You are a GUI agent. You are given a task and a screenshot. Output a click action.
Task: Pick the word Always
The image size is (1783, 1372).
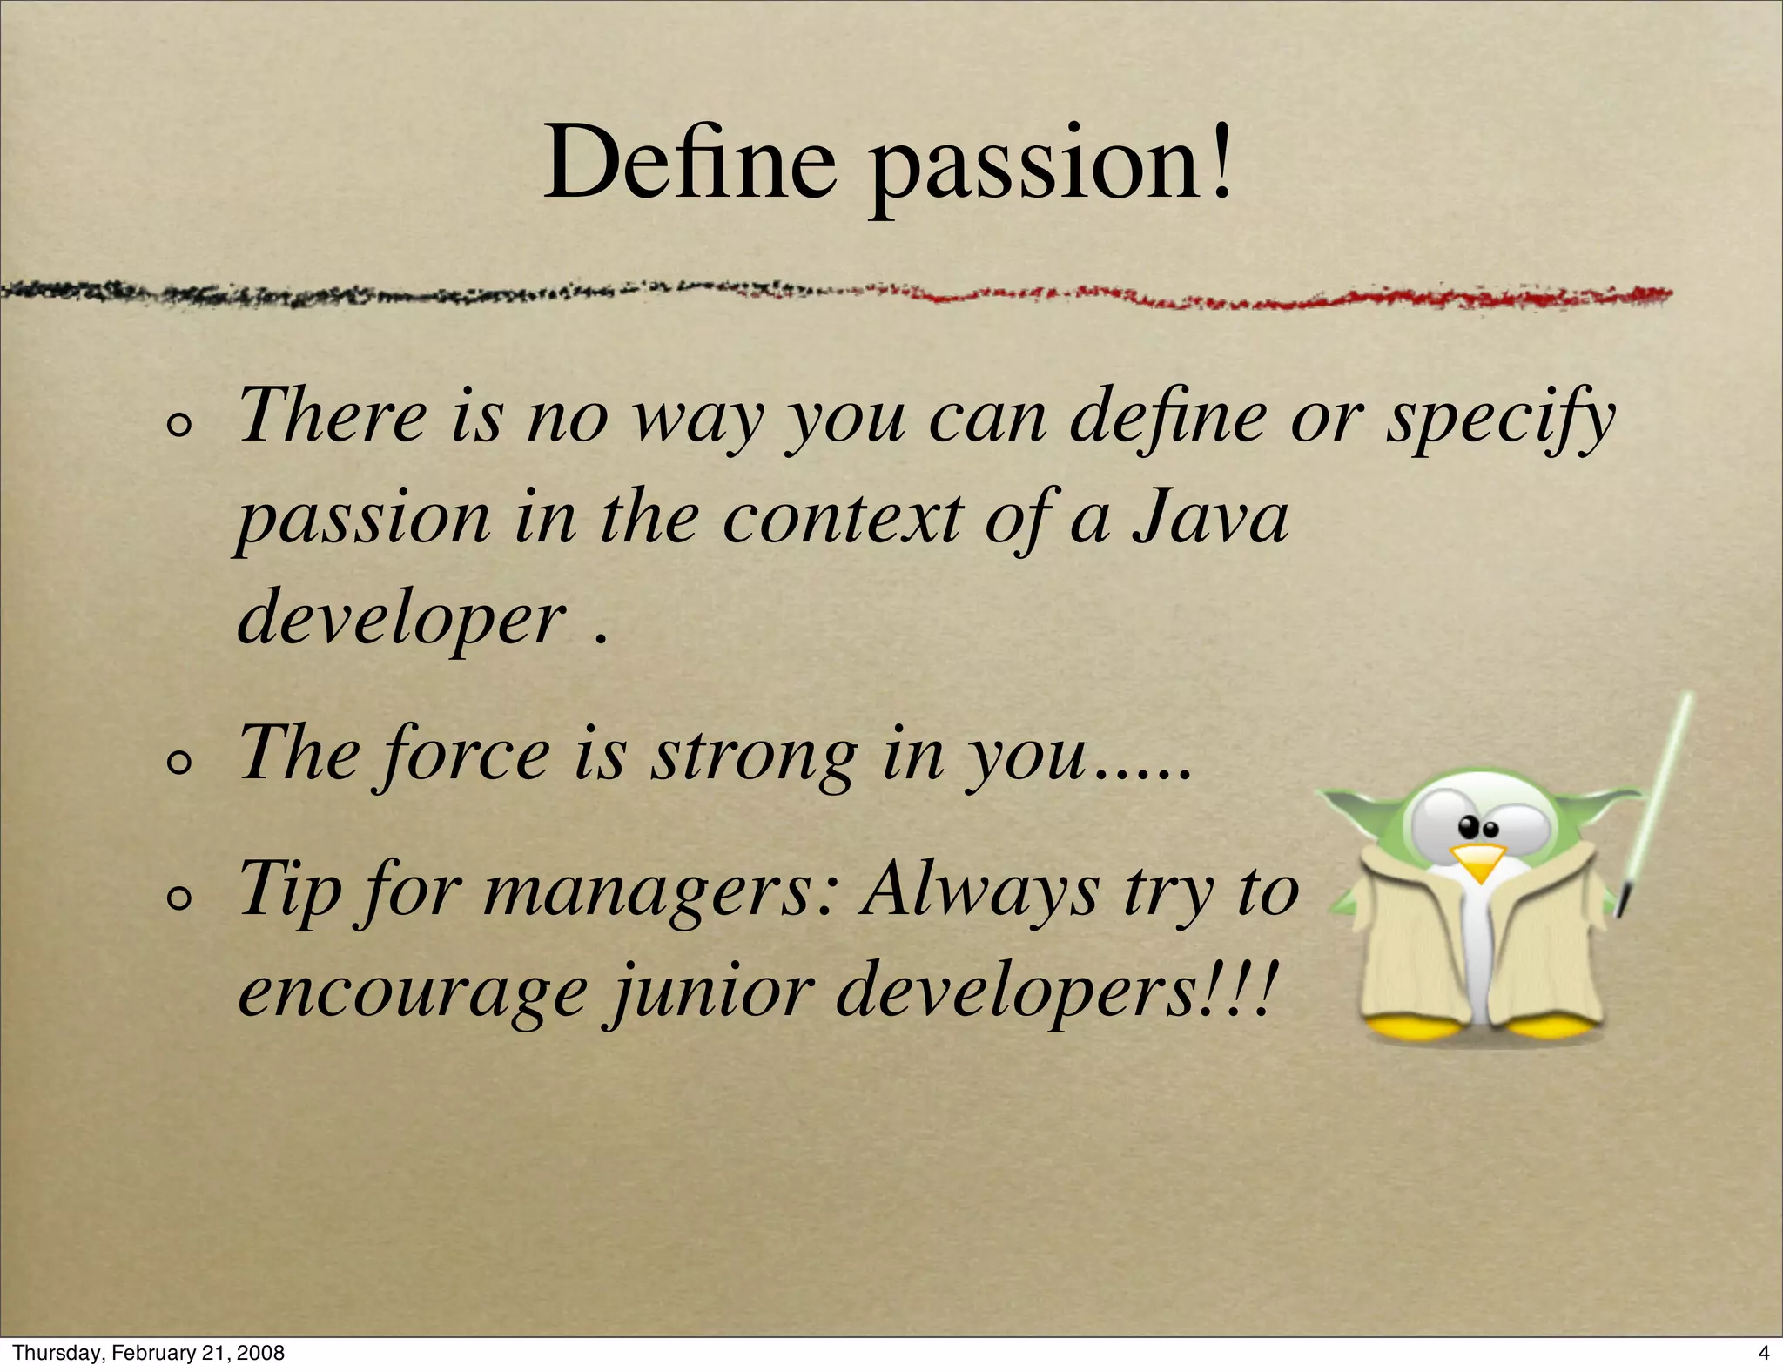point(979,891)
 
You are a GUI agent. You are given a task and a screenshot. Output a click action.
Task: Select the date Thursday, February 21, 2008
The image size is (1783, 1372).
point(149,1353)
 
